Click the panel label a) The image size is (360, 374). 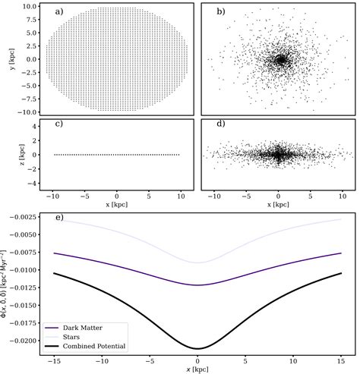(x=59, y=12)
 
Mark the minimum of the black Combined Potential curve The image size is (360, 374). (x=197, y=348)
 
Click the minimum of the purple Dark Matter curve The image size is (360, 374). (x=197, y=285)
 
